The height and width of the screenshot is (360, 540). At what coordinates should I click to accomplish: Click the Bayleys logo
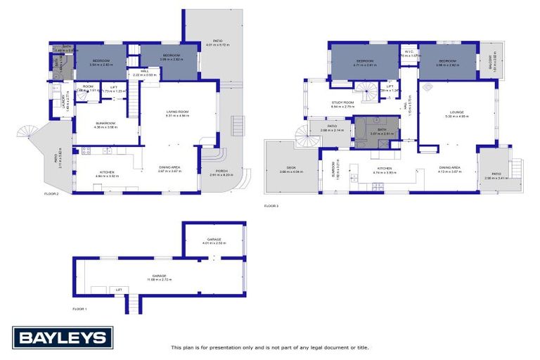pyautogui.click(x=62, y=338)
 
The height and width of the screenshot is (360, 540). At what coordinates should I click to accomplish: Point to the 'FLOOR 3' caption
pyautogui.click(x=271, y=206)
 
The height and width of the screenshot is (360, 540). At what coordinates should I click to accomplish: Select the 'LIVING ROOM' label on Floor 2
pyautogui.click(x=176, y=112)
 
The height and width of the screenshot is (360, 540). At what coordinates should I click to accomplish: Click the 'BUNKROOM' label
pyautogui.click(x=105, y=124)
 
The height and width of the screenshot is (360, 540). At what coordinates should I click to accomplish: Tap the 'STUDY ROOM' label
pyautogui.click(x=342, y=103)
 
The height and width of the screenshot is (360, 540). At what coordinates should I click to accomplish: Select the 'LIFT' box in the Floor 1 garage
pyautogui.click(x=119, y=289)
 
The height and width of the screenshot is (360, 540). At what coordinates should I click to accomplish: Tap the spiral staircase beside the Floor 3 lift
pyautogui.click(x=365, y=90)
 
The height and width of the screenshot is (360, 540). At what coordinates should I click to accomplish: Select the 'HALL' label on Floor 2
pyautogui.click(x=143, y=71)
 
